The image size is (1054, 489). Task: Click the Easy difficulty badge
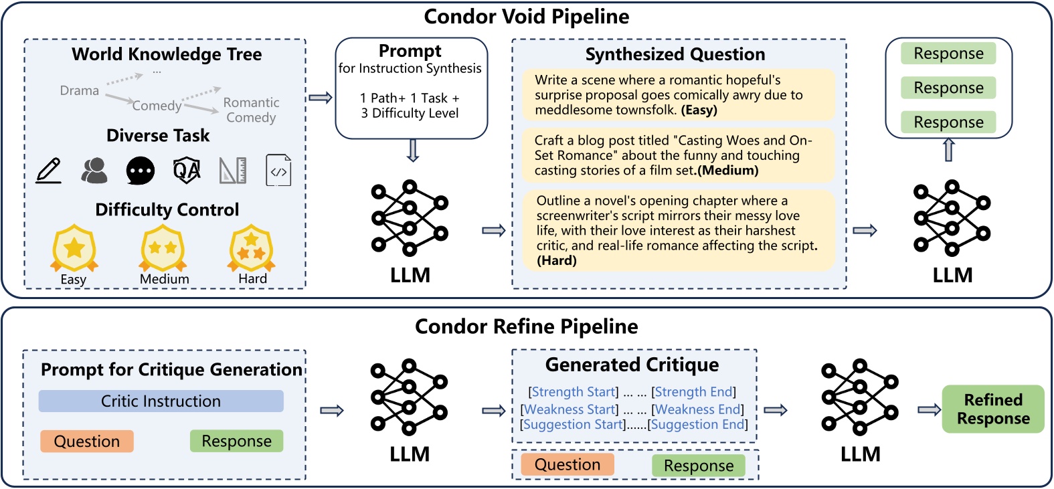[x=74, y=249]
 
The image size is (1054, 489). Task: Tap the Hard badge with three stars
[x=251, y=249]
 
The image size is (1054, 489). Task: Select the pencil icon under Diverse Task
[x=48, y=171]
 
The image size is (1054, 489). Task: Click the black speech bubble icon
[x=141, y=171]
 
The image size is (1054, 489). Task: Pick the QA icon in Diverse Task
[x=187, y=171]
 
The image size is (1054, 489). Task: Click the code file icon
[x=278, y=171]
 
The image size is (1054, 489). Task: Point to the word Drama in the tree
[x=79, y=90]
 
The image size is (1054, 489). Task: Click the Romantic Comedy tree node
[x=251, y=110]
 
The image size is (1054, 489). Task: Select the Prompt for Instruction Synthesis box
[x=411, y=88]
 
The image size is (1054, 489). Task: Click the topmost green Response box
[x=948, y=54]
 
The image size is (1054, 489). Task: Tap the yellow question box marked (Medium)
[x=679, y=155]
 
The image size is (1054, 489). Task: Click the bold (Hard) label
[x=557, y=261]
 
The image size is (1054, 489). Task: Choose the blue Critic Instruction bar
[x=161, y=401]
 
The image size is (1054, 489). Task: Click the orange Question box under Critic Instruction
[x=87, y=442]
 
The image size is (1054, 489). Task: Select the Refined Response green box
[x=993, y=409]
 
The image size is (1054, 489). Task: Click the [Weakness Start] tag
[x=569, y=409]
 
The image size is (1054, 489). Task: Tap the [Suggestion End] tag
[x=697, y=425]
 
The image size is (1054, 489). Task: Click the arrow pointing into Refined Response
[x=929, y=409]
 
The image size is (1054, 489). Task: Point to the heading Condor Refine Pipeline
[x=526, y=326]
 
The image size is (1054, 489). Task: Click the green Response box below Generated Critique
[x=699, y=466]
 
